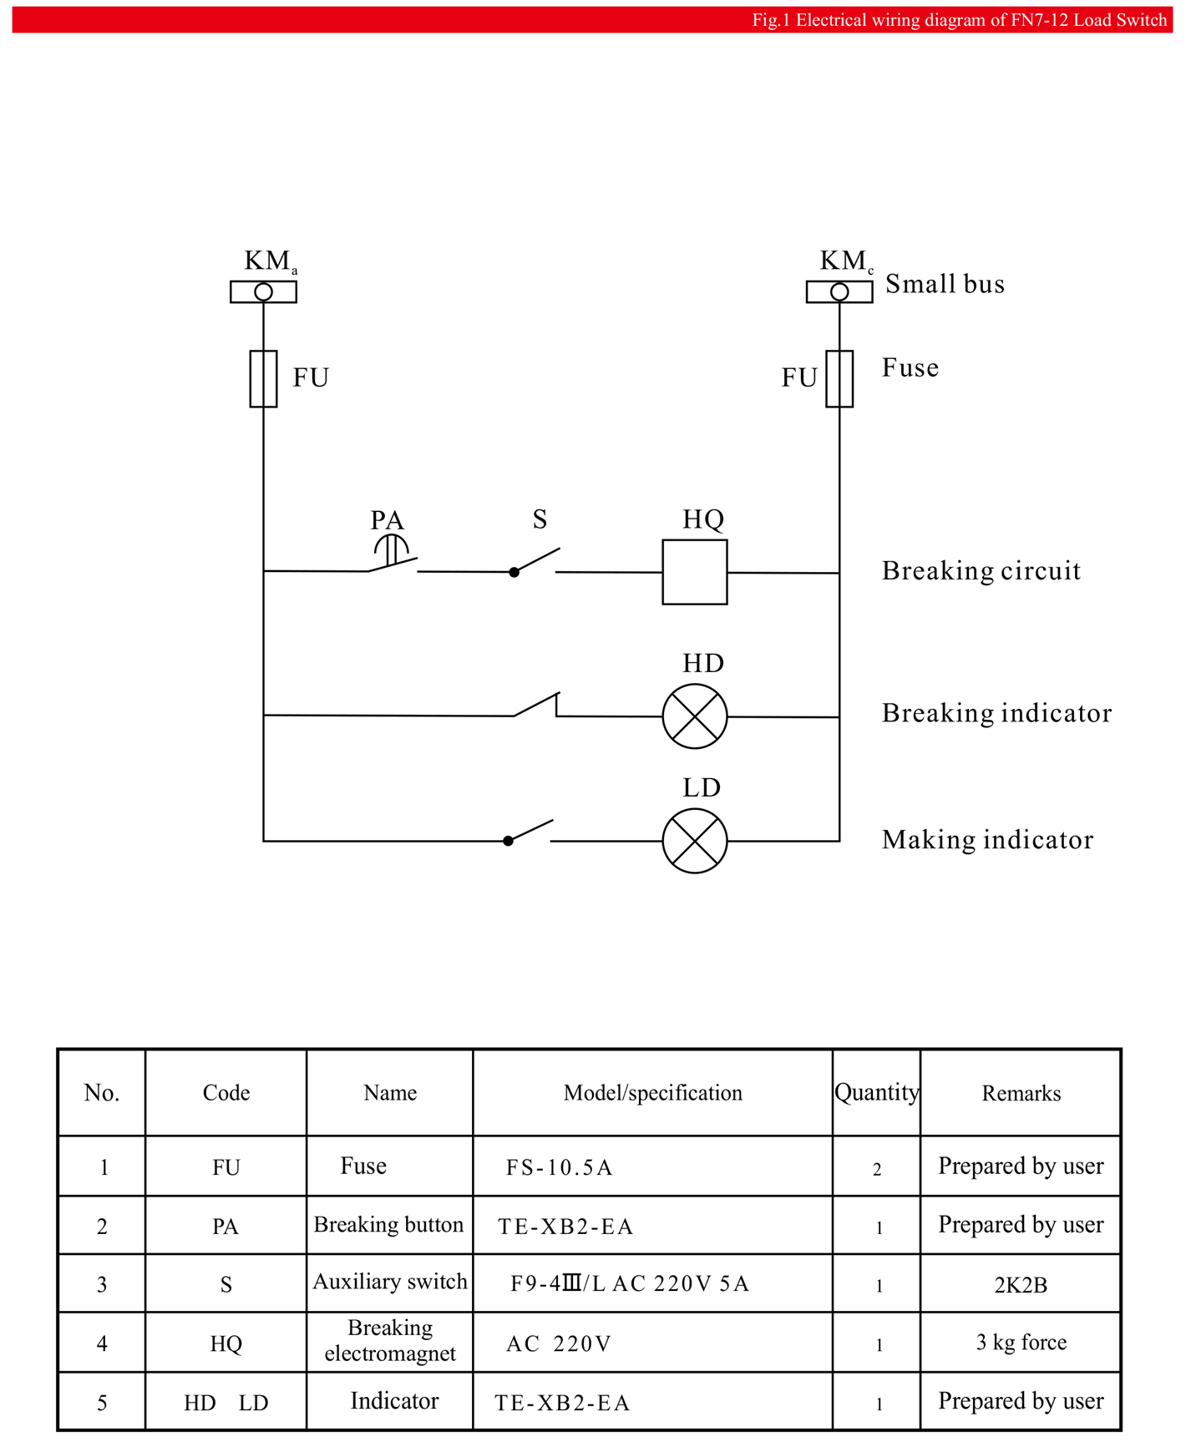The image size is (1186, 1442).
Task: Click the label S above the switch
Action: (540, 519)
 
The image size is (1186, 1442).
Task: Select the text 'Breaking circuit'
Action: (981, 571)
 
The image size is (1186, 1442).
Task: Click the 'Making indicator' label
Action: (987, 840)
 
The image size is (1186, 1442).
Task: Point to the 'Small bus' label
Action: (945, 284)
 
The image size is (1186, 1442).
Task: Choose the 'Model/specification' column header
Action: (652, 1093)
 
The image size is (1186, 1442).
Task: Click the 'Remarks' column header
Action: (1021, 1093)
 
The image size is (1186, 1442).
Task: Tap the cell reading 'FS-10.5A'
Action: (559, 1167)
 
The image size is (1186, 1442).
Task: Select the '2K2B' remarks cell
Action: (1021, 1285)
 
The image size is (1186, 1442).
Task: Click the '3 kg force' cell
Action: (1021, 1342)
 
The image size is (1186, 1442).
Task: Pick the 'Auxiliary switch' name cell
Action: (390, 1282)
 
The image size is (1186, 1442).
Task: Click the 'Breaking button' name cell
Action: (388, 1225)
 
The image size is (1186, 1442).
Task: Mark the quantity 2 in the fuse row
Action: (877, 1169)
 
